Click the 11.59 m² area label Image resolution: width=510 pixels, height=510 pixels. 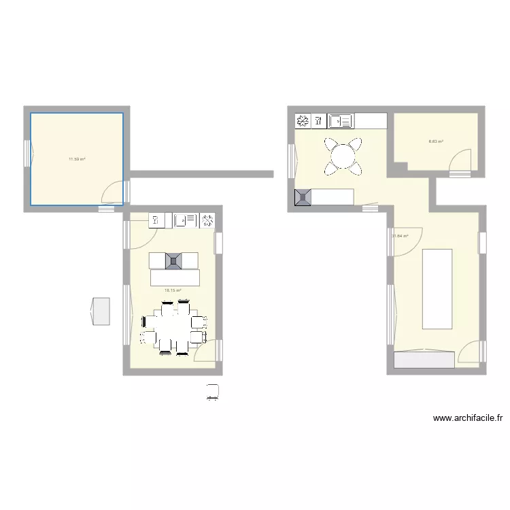76,159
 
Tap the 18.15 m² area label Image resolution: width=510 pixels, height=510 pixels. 172,290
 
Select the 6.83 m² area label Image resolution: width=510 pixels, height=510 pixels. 435,141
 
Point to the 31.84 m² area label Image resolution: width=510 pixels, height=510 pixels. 399,236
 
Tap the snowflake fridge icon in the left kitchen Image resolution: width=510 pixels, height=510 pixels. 207,220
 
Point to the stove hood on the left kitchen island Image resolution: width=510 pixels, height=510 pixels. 174,260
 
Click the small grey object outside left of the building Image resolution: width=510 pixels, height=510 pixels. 101,311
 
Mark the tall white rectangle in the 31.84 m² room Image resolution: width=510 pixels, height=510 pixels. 437,289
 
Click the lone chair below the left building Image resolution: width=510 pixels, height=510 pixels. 214,391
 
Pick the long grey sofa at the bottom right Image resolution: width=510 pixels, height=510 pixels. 424,360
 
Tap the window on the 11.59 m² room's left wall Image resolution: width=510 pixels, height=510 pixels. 27,153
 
